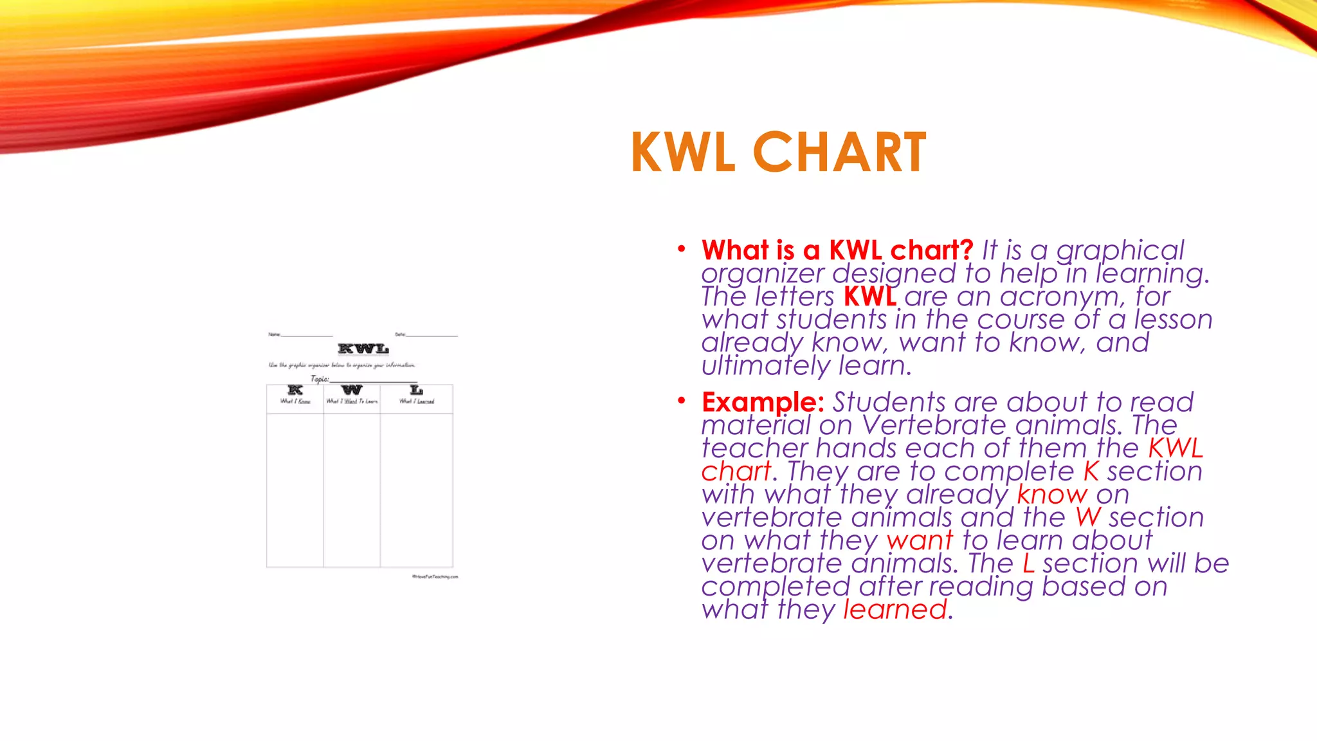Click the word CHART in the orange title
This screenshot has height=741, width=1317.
839,152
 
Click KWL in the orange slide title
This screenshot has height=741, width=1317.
683,152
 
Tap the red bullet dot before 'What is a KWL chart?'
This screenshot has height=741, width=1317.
682,249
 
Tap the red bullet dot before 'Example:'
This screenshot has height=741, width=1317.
682,401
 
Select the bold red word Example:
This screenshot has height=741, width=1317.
763,402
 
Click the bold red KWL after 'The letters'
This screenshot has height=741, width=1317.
869,297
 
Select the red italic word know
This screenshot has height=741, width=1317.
1051,495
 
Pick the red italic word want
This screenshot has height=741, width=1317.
919,541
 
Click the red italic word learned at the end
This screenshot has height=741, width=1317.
895,610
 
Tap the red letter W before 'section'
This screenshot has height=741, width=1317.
1088,518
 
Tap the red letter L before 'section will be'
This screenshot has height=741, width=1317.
1029,563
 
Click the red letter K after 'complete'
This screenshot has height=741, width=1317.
1091,471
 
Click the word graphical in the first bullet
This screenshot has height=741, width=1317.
1120,250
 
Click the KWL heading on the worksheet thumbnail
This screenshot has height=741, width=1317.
363,349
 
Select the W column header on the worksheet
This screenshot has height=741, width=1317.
352,390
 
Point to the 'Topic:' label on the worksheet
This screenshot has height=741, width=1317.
320,379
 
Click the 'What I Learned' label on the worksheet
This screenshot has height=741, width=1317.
417,401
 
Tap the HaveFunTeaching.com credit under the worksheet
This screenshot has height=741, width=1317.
435,577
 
